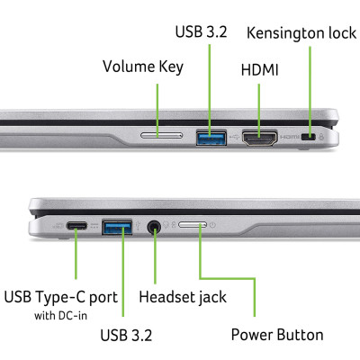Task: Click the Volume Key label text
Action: pos(142,67)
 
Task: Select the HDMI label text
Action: pos(259,70)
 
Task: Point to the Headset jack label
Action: pos(183,296)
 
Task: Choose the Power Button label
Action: pos(276,335)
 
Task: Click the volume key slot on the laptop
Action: pos(161,137)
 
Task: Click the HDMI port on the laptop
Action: pos(259,137)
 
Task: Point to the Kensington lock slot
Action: pos(310,138)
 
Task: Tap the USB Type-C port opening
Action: pos(76,225)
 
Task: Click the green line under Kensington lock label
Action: pos(310,90)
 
